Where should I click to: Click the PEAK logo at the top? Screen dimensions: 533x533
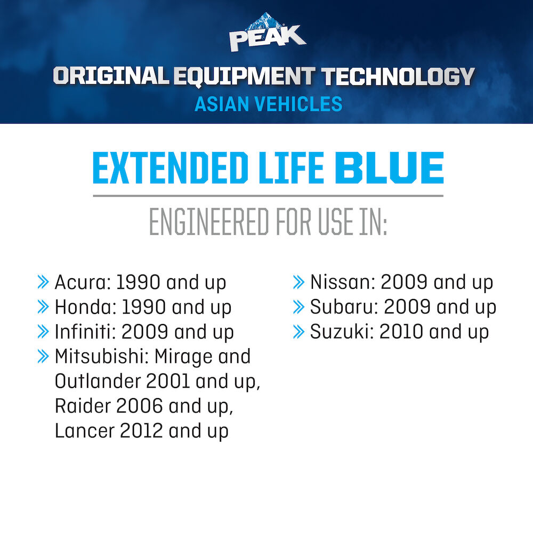click(268, 33)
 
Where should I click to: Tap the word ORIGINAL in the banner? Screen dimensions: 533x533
click(111, 76)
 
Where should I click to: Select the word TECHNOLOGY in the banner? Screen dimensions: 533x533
click(398, 76)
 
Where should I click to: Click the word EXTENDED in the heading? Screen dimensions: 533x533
click(171, 168)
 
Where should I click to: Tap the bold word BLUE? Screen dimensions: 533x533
click(389, 168)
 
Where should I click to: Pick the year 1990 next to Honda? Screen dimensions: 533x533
click(144, 307)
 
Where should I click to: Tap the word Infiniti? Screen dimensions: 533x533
click(85, 332)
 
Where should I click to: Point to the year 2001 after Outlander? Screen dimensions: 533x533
click(168, 381)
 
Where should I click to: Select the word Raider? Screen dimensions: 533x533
click(83, 406)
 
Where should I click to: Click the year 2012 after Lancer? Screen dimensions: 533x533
click(141, 431)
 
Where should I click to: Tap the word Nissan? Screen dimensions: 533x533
click(342, 282)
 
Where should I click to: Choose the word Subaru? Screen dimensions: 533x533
click(344, 307)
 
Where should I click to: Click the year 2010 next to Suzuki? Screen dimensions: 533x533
click(401, 332)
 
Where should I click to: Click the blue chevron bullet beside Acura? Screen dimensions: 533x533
click(43, 282)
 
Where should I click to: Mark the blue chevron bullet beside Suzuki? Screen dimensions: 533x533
click(299, 332)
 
